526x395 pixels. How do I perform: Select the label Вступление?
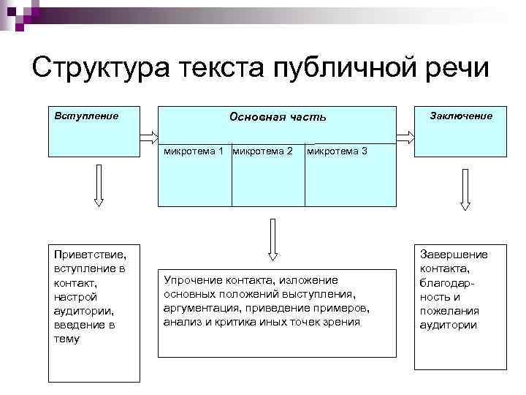coord(87,116)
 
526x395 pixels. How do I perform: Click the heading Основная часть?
coord(278,116)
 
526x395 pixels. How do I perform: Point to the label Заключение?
coord(461,116)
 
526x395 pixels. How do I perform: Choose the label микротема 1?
coord(194,151)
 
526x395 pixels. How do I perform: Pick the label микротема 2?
coord(263,151)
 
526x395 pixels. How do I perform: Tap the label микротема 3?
coord(337,151)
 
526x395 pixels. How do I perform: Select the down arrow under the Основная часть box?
coord(272,239)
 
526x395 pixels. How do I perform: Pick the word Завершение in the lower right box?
coord(454,254)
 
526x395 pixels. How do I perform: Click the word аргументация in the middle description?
coord(197,307)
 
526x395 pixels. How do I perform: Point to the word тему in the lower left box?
coord(67,339)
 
